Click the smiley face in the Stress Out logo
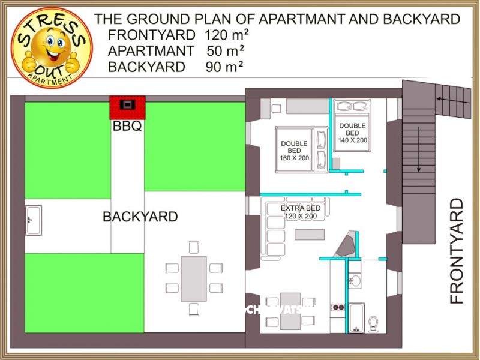pyautogui.click(x=52, y=46)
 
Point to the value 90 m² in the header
pyautogui.click(x=224, y=67)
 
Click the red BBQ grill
pyautogui.click(x=127, y=106)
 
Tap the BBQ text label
pyautogui.click(x=127, y=127)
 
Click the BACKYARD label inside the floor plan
pyautogui.click(x=140, y=217)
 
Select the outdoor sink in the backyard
pyautogui.click(x=34, y=220)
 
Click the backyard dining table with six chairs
pyautogui.click(x=193, y=278)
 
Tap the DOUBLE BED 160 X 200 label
pyautogui.click(x=294, y=151)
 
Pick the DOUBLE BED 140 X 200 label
pyautogui.click(x=352, y=133)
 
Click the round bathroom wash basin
pyautogui.click(x=355, y=281)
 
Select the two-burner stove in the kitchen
pyautogui.click(x=338, y=307)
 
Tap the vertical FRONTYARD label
pyautogui.click(x=457, y=250)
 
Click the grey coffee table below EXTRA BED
pyautogui.click(x=309, y=234)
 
